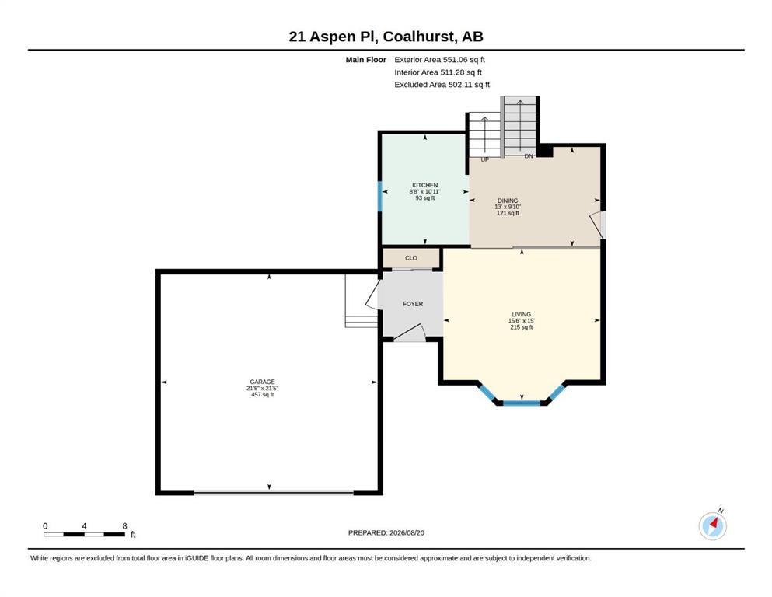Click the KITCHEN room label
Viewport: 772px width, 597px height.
425,185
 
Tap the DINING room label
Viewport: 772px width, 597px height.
508,201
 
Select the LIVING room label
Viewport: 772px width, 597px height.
522,315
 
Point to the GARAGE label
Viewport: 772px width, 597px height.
263,382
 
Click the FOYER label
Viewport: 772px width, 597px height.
413,304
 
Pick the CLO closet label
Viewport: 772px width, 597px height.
411,258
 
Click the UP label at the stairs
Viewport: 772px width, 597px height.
485,159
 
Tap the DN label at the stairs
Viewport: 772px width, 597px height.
529,156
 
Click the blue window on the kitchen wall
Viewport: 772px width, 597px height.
379,197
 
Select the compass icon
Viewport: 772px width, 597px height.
713,525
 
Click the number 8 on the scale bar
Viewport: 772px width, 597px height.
124,526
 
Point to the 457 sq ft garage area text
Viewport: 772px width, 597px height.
263,395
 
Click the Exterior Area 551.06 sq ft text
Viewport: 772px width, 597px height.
440,60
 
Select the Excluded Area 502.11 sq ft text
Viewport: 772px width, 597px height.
442,85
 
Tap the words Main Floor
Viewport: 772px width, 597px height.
366,60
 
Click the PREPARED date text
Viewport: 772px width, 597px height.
386,533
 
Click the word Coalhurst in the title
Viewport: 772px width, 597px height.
419,37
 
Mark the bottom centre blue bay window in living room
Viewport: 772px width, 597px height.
522,403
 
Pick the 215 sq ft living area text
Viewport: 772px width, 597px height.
522,327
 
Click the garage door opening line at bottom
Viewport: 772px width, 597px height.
274,492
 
